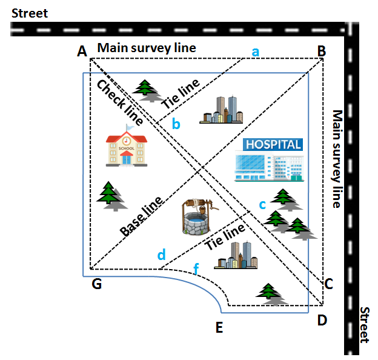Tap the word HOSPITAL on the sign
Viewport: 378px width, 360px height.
pos(273,145)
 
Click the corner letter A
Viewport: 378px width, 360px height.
pos(82,52)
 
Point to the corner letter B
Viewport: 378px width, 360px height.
pos(321,52)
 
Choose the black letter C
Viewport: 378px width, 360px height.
pos(329,283)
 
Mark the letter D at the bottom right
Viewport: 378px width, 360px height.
pos(323,320)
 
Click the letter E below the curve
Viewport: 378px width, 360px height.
pos(219,328)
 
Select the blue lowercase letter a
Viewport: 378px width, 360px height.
pos(256,52)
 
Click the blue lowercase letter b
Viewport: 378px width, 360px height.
pos(176,125)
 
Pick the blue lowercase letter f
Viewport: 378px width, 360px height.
pos(195,267)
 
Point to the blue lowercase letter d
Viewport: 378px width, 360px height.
pos(161,255)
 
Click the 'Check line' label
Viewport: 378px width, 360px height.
pos(119,102)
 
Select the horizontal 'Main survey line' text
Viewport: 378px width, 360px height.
pos(147,48)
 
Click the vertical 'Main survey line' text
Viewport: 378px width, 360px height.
pos(337,159)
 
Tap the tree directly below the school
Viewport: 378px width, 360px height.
pos(110,196)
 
